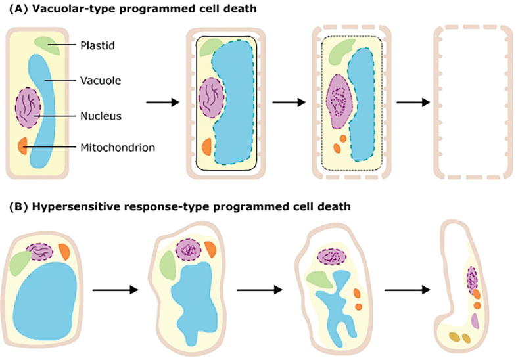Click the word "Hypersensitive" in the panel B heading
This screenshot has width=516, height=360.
click(67, 206)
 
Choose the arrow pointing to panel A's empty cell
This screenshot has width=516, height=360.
click(409, 102)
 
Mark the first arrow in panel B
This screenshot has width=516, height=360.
click(115, 289)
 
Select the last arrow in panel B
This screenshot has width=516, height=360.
click(406, 289)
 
